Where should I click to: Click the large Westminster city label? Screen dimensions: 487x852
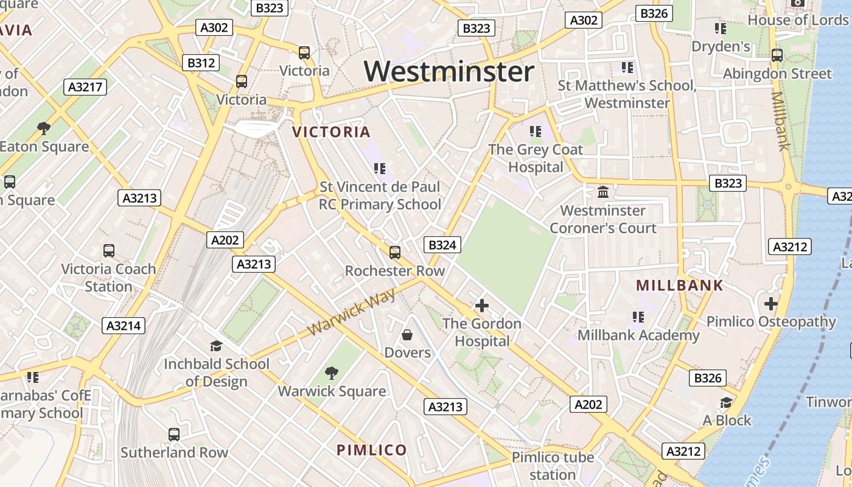tap(449, 72)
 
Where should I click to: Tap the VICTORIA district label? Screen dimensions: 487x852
tap(331, 132)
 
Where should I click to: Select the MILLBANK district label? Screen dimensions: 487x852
tap(680, 286)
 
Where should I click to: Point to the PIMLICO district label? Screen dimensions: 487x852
tap(372, 450)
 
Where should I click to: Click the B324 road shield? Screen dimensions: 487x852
tap(442, 245)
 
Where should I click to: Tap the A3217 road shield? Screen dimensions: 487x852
tap(85, 87)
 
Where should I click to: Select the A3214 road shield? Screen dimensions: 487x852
tap(124, 326)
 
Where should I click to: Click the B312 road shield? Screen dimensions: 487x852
tap(201, 63)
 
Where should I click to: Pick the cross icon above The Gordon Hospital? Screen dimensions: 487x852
tap(482, 306)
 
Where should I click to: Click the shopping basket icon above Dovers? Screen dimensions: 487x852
tap(407, 335)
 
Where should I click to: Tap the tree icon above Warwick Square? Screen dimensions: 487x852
tap(332, 373)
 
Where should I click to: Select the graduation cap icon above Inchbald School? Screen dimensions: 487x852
tap(216, 346)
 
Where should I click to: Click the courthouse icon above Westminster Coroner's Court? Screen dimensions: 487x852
tap(603, 192)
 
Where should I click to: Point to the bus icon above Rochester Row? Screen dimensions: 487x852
tap(395, 252)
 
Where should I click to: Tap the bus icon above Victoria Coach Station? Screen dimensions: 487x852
tap(109, 250)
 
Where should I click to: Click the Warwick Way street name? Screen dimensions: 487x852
tap(352, 312)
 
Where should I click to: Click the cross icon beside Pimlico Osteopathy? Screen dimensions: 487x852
tap(771, 303)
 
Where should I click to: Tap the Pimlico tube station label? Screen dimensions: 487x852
tap(553, 466)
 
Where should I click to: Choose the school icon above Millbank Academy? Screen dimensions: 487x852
tap(638, 317)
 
